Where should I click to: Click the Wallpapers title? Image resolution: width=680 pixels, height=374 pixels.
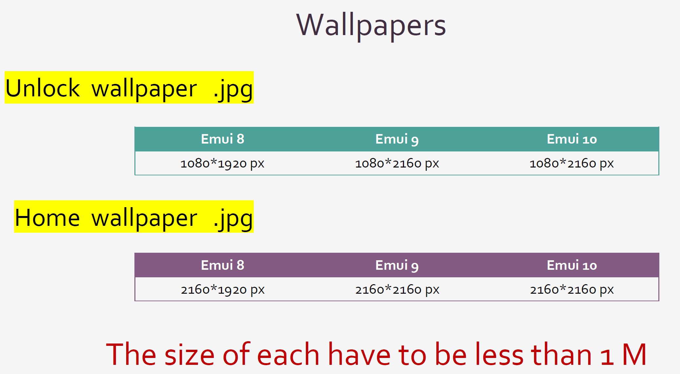371,26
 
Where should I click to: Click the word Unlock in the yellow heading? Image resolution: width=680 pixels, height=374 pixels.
43,88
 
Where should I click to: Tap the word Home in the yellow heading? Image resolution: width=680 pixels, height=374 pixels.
48,218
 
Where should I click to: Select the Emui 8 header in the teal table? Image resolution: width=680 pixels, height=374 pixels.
223,139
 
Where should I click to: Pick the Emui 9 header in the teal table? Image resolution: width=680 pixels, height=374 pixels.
397,139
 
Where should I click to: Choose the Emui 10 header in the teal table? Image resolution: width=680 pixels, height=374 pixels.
572,139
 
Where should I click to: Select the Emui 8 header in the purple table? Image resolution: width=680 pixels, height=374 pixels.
223,265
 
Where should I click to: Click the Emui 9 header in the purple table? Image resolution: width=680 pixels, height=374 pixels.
397,266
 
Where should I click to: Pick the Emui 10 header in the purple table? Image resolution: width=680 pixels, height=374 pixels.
572,265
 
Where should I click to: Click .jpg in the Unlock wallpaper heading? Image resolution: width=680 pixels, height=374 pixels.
233,90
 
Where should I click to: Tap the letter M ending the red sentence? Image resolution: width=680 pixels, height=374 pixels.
634,355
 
